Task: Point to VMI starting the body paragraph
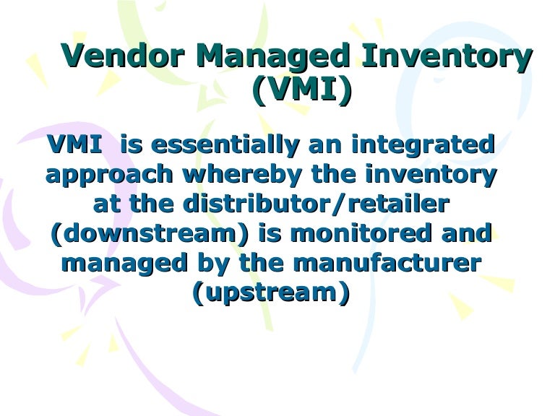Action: (74, 144)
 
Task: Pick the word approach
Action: (109, 174)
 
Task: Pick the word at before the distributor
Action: (108, 204)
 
